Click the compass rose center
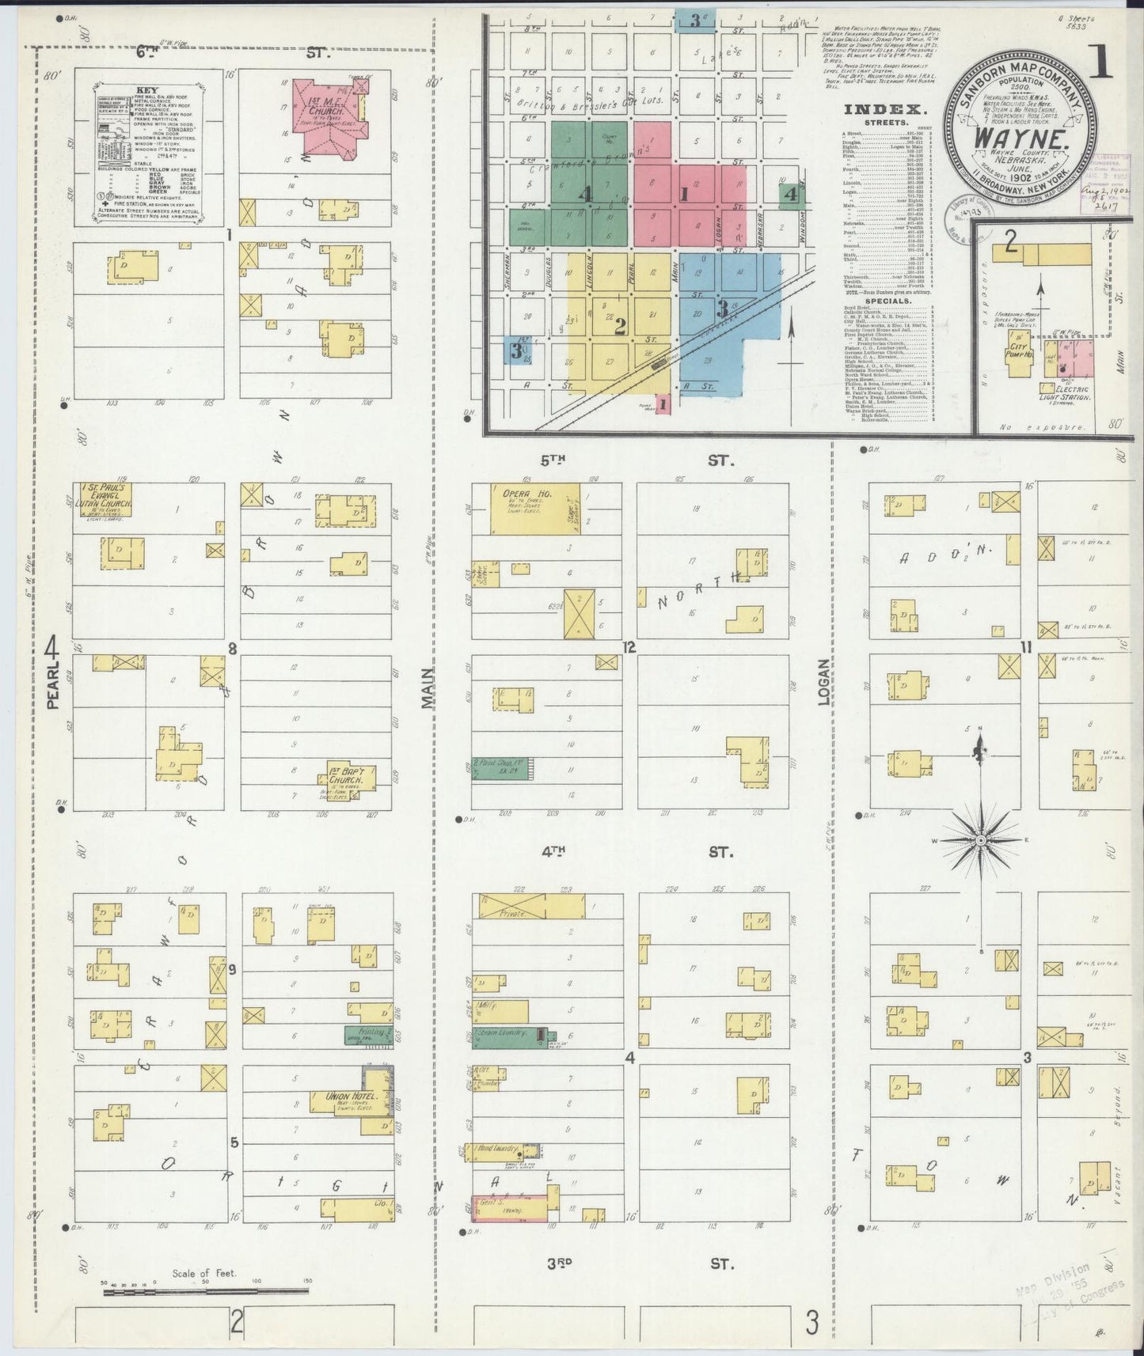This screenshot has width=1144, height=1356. [980, 839]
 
